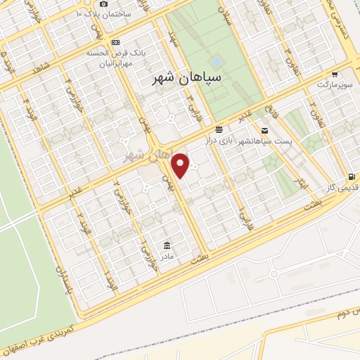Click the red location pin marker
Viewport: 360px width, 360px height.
click(181, 165)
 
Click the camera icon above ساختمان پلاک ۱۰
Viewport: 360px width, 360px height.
click(103, 4)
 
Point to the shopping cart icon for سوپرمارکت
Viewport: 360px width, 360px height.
click(335, 74)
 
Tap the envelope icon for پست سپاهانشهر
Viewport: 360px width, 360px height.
click(264, 130)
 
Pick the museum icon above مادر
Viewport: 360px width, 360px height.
click(166, 245)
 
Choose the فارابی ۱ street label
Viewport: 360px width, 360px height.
click(241, 208)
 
